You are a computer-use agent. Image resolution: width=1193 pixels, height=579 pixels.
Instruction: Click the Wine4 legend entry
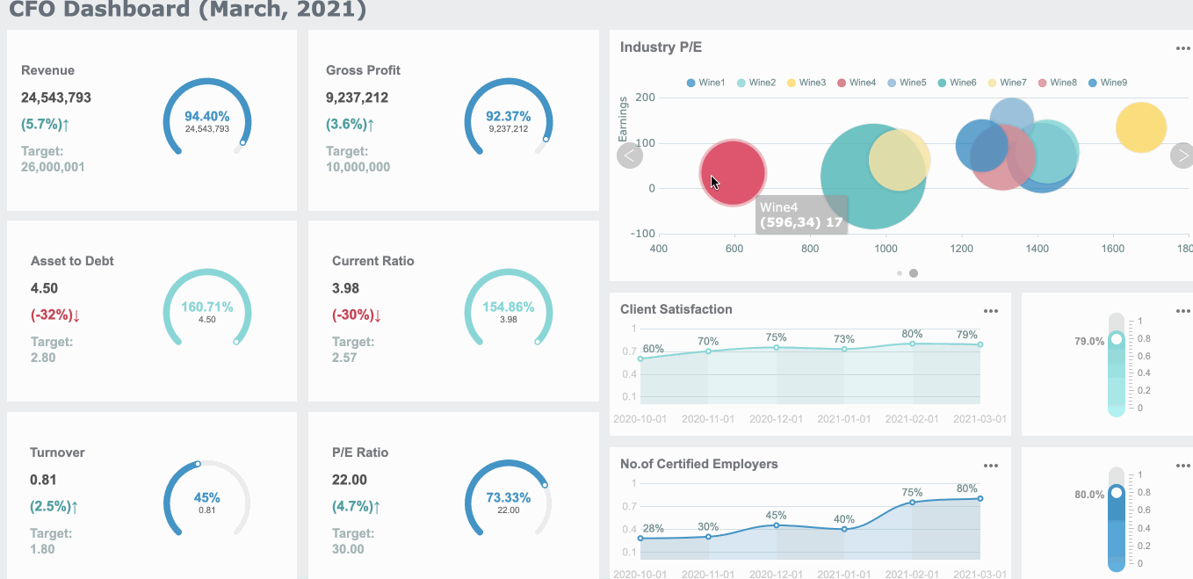856,83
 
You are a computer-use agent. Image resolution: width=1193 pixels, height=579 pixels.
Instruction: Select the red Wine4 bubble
733,173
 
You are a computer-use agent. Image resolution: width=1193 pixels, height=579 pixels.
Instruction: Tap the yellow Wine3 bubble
1140,127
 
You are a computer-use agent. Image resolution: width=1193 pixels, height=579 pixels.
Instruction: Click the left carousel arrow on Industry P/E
630,156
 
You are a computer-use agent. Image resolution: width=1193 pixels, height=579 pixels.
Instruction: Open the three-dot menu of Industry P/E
1182,48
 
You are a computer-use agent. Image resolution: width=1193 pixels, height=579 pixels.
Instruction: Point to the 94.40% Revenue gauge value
206,116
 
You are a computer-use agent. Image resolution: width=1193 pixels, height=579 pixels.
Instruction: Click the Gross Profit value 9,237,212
357,98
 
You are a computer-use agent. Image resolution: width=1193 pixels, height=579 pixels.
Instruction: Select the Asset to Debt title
72,261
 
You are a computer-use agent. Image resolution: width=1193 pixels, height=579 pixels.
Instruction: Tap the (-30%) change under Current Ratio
356,315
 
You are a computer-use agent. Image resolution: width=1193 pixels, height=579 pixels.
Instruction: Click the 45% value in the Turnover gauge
206,497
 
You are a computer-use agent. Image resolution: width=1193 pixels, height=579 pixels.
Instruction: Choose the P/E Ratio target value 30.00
348,549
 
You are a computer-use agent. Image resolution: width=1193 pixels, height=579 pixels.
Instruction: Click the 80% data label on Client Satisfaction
912,334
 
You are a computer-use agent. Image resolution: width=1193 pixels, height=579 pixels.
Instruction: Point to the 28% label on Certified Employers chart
653,529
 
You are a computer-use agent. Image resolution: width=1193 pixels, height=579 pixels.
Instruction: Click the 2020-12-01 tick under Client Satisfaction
776,419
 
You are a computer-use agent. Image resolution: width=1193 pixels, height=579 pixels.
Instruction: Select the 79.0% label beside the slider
1089,341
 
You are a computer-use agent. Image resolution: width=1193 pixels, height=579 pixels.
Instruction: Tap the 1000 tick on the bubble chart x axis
886,249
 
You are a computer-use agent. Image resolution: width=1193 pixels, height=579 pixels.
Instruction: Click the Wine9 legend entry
1107,83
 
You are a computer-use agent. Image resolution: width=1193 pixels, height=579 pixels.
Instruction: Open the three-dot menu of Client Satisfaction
991,311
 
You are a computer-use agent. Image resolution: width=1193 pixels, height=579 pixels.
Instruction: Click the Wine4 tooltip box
801,214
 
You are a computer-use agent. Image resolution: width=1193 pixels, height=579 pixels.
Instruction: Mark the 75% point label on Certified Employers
912,493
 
